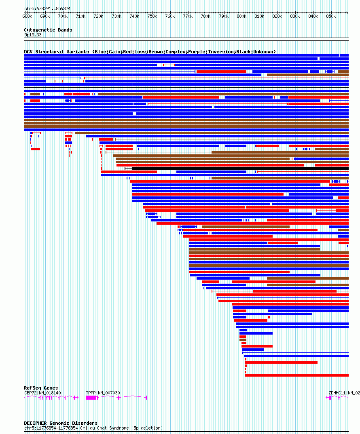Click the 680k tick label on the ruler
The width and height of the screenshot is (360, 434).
point(27,16)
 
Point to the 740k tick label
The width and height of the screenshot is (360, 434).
point(134,16)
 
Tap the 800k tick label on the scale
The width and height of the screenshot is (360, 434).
point(241,16)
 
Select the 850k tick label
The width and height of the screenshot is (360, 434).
point(331,16)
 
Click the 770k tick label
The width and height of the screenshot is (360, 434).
point(188,16)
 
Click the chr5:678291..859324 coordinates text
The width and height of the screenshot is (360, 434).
point(47,8)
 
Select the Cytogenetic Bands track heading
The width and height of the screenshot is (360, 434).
point(48,30)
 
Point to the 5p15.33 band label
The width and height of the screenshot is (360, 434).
point(33,35)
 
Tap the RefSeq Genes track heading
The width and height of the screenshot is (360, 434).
point(41,388)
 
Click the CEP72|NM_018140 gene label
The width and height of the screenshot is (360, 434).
point(42,393)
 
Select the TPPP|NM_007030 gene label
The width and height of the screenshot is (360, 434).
point(103,393)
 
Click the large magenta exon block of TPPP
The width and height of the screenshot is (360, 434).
point(91,398)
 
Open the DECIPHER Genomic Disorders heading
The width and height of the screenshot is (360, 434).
point(61,423)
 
